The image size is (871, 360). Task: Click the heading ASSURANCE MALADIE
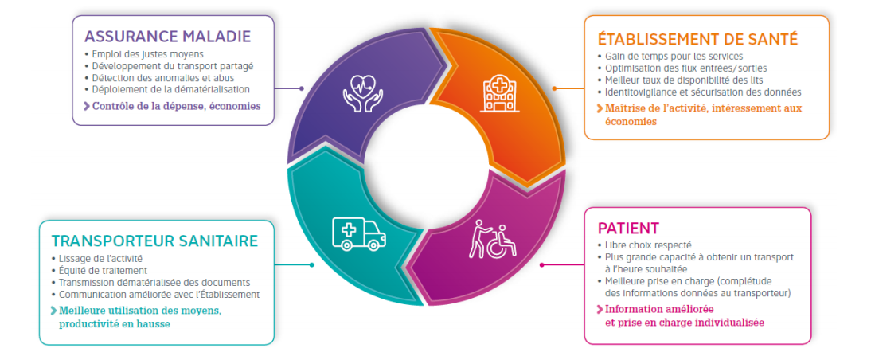pos(167,36)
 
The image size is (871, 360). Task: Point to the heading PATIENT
pos(628,228)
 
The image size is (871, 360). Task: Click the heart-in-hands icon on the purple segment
pos(362,92)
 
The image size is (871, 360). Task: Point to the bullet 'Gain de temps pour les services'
pos(674,57)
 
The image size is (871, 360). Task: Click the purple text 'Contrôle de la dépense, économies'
pos(176,106)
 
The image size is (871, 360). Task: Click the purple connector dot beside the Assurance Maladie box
pos(302,88)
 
